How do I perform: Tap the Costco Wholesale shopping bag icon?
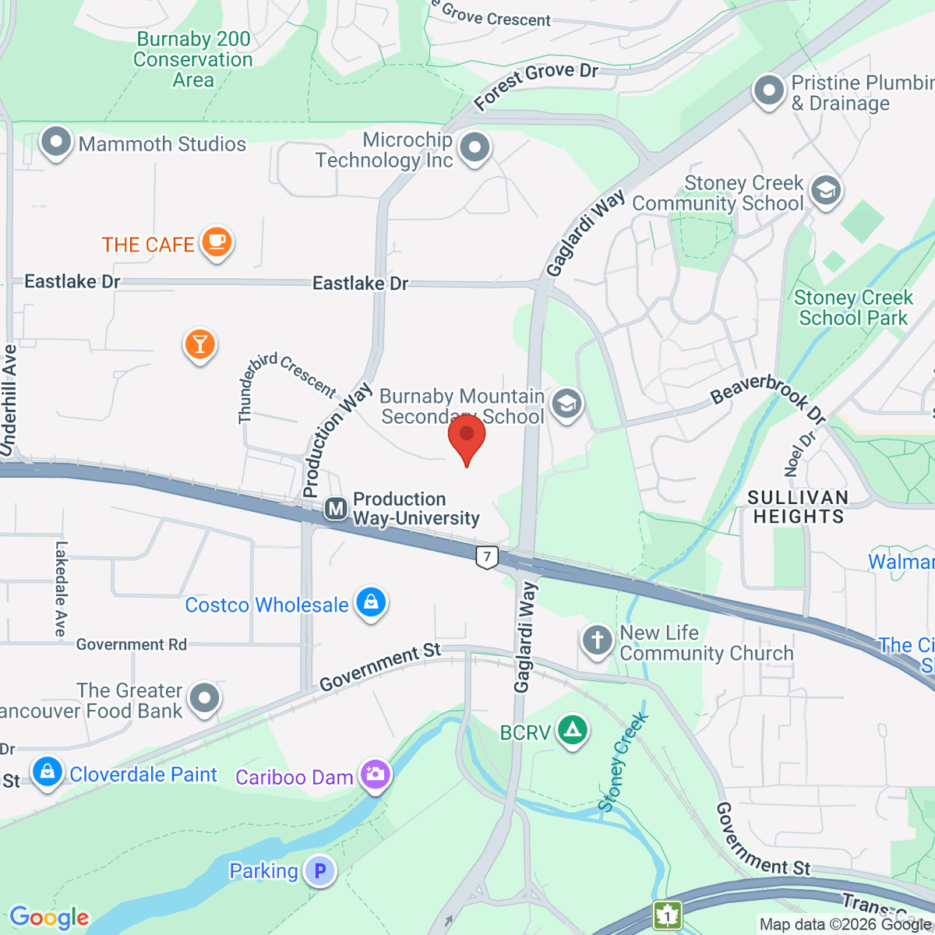pyautogui.click(x=371, y=603)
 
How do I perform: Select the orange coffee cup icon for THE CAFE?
pyautogui.click(x=217, y=242)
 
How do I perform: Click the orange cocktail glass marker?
pyautogui.click(x=199, y=344)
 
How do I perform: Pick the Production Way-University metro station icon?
pyautogui.click(x=336, y=510)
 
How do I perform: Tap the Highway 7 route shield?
pyautogui.click(x=487, y=557)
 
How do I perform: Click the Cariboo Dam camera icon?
pyautogui.click(x=376, y=774)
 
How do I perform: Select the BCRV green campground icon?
pyautogui.click(x=573, y=731)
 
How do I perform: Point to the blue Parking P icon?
pyautogui.click(x=319, y=870)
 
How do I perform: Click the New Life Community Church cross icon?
pyautogui.click(x=598, y=641)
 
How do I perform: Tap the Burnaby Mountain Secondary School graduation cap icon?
pyautogui.click(x=566, y=404)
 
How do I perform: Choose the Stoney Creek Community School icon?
pyautogui.click(x=826, y=190)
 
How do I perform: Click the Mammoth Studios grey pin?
pyautogui.click(x=56, y=143)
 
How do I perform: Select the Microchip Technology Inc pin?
pyautogui.click(x=475, y=147)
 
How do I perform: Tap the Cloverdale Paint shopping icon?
pyautogui.click(x=47, y=773)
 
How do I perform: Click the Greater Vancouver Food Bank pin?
pyautogui.click(x=205, y=698)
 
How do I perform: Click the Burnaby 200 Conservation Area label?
pyautogui.click(x=192, y=59)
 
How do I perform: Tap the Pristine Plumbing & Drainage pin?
pyautogui.click(x=769, y=91)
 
